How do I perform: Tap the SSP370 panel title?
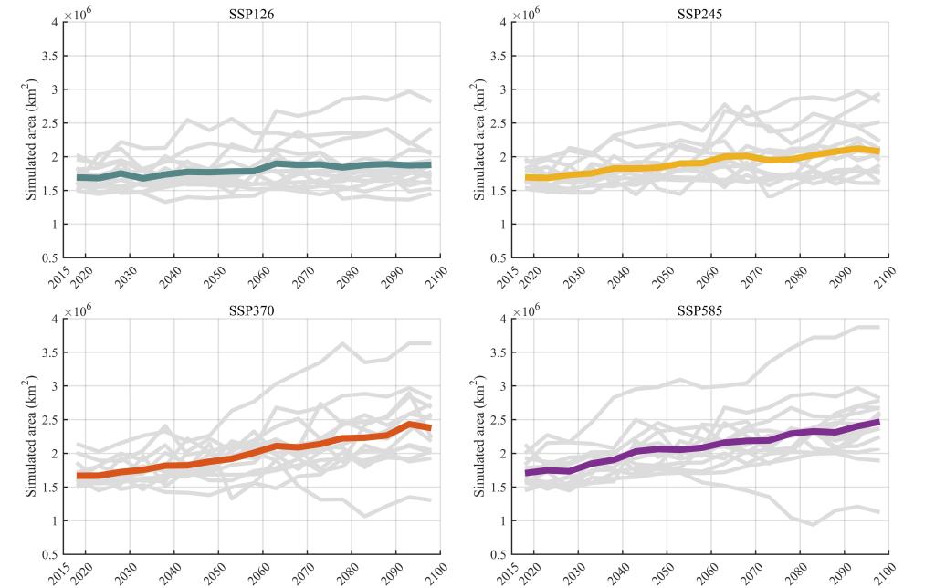[x=252, y=310]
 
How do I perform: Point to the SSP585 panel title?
[x=700, y=310]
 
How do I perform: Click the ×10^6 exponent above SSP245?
[x=527, y=13]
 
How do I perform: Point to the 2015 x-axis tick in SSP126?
[x=60, y=275]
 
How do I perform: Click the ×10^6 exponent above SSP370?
[x=78, y=310]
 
